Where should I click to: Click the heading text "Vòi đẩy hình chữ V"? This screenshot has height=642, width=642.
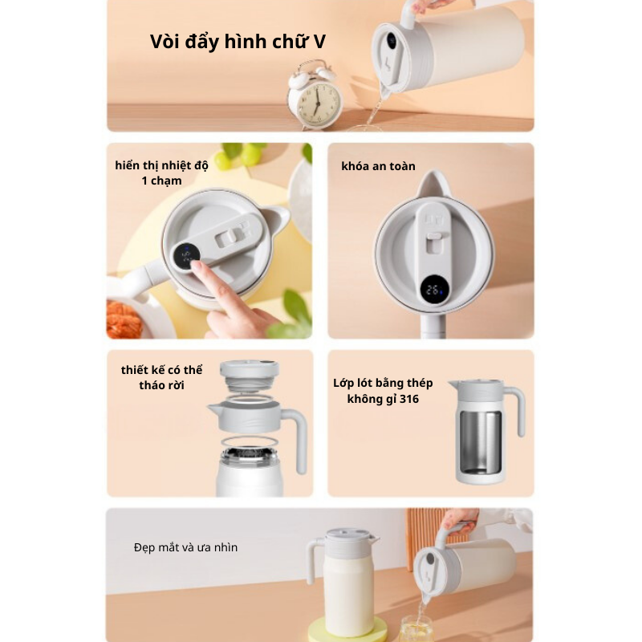(x=238, y=42)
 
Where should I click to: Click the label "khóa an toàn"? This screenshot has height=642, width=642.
(x=378, y=166)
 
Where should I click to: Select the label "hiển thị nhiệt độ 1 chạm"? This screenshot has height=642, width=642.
(x=161, y=173)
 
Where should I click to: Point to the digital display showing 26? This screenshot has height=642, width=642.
(x=434, y=290)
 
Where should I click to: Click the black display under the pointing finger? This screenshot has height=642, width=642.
(x=186, y=256)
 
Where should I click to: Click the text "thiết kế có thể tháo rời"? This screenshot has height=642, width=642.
(x=161, y=377)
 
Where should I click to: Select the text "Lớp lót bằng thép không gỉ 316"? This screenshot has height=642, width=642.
(x=383, y=391)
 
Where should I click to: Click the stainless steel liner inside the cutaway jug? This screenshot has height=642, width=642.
(x=480, y=441)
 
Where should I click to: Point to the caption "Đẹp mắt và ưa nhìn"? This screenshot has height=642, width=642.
(x=185, y=547)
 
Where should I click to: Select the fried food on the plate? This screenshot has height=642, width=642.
(x=124, y=319)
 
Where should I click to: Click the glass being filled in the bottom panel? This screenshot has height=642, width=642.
(x=416, y=629)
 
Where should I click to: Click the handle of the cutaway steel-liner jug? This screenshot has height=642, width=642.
(x=518, y=411)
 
